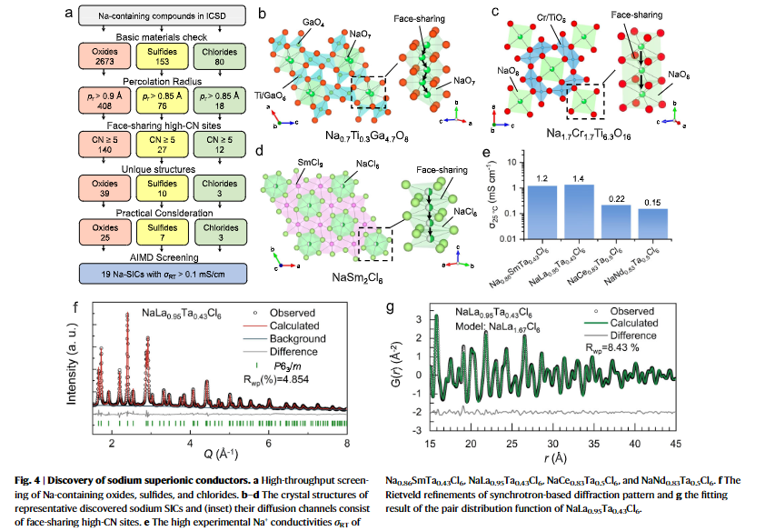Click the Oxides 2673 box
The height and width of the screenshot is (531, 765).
(x=104, y=56)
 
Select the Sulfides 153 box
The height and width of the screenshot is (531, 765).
(x=162, y=56)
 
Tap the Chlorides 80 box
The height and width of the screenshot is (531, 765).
(x=220, y=56)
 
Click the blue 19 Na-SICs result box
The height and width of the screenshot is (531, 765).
(x=163, y=274)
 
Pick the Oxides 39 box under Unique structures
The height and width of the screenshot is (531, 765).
(x=104, y=188)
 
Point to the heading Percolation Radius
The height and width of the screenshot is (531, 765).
(x=162, y=81)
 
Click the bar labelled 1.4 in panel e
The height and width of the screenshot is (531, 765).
(x=579, y=212)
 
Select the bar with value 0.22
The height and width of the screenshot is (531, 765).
(x=616, y=222)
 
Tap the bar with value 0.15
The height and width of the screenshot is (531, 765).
(x=652, y=224)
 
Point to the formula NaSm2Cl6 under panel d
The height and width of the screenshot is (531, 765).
(x=357, y=277)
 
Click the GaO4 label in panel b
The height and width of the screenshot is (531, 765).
(x=313, y=23)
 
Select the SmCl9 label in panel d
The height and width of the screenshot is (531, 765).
(x=311, y=163)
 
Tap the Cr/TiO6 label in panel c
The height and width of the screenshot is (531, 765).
(x=551, y=18)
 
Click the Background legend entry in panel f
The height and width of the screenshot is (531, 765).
(x=298, y=339)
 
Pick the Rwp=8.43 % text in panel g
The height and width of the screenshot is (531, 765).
(x=612, y=348)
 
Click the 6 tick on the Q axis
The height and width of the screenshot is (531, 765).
(x=268, y=443)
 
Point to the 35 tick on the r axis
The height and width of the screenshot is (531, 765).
(x=594, y=444)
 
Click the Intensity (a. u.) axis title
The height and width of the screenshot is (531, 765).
(x=72, y=363)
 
